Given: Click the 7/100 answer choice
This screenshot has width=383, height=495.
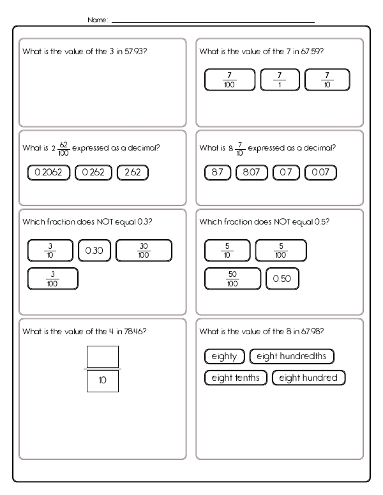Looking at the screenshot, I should (x=229, y=80).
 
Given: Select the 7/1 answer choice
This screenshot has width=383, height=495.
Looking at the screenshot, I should (x=280, y=80).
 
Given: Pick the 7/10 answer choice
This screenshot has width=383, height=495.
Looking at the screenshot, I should (x=327, y=80).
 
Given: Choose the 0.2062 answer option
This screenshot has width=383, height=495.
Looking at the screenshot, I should (x=49, y=172).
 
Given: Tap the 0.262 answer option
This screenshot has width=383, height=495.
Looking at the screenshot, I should (x=93, y=172).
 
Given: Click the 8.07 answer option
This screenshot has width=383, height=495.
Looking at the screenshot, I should (x=252, y=172).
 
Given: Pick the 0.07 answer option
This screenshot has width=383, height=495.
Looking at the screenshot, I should (x=320, y=172).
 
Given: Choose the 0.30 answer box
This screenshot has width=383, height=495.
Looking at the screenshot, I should (x=94, y=251).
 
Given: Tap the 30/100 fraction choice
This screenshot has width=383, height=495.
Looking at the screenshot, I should (x=144, y=251).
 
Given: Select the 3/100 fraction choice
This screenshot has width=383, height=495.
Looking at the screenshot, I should (x=53, y=279).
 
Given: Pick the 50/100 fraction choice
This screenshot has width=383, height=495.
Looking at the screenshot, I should (x=232, y=279).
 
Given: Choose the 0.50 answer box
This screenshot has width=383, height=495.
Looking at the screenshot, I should (x=282, y=279).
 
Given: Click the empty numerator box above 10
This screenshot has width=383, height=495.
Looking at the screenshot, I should (x=102, y=357).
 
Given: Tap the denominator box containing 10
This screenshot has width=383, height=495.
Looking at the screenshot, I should (x=102, y=381).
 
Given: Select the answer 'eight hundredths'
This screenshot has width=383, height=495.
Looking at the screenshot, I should (x=292, y=357).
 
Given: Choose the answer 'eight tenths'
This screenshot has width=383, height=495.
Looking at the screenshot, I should (x=236, y=378).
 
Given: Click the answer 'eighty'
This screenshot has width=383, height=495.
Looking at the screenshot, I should (x=224, y=357).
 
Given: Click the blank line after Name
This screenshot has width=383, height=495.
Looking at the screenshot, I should (x=213, y=22).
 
